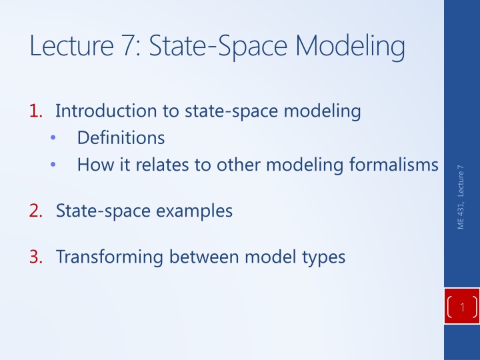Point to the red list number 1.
[36, 112]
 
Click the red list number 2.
[36, 211]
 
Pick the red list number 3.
[36, 257]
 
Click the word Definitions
[121, 139]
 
